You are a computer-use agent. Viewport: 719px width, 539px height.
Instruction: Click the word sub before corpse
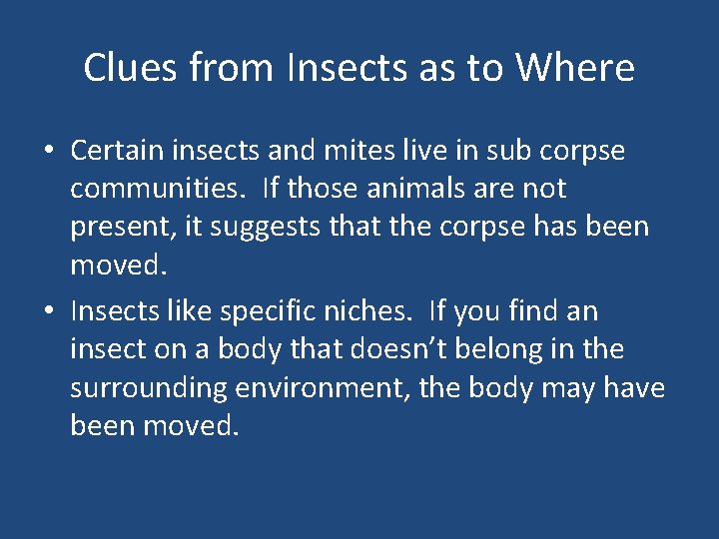pyautogui.click(x=505, y=150)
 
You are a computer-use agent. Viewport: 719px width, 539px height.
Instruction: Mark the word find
pyautogui.click(x=533, y=311)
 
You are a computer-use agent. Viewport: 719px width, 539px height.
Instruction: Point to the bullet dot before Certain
pyautogui.click(x=48, y=152)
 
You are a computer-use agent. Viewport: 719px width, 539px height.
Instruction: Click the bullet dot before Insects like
pyautogui.click(x=48, y=312)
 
